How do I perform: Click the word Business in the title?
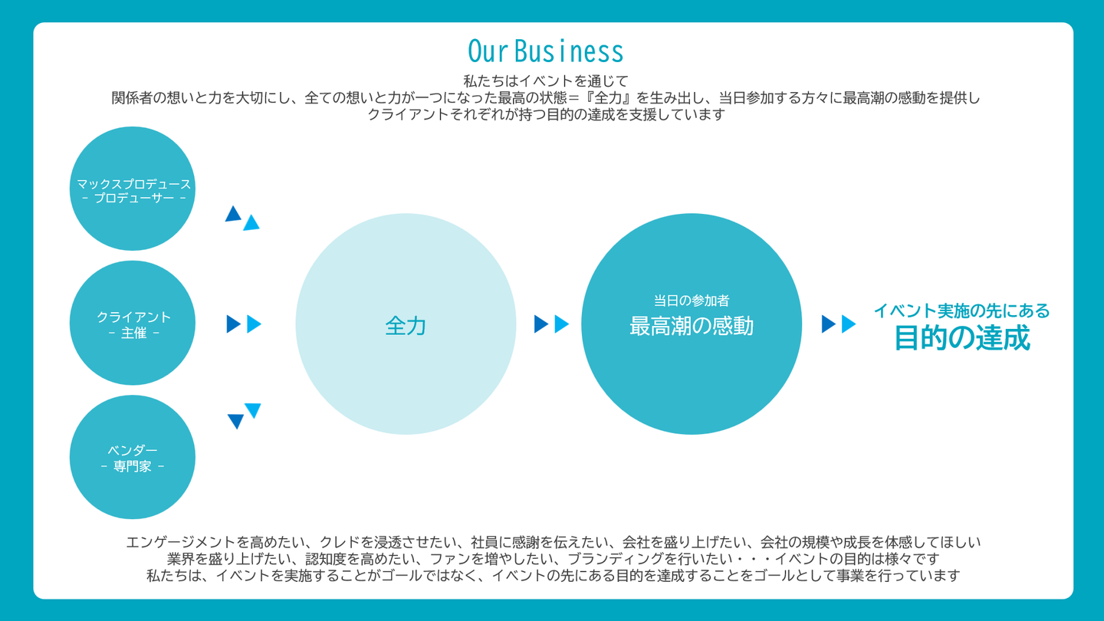pos(569,51)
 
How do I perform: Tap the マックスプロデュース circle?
pos(133,189)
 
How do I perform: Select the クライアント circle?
pos(133,323)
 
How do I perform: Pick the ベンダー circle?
pos(133,457)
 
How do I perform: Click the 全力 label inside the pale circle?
pos(406,326)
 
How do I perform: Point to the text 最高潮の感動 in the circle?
pos(692,326)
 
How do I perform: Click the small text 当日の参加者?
pos(692,301)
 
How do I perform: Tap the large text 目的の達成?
pos(962,337)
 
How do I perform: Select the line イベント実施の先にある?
pos(961,310)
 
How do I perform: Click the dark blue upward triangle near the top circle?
pos(233,214)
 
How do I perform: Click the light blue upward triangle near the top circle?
pos(251,223)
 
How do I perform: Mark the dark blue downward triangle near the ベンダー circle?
pos(235,422)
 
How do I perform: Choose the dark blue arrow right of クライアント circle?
pos(233,324)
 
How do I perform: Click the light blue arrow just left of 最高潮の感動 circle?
pos(562,324)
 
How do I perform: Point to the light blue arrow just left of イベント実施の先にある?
pos(849,324)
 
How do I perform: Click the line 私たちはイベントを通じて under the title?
pos(546,80)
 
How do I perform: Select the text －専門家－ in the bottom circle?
pos(133,466)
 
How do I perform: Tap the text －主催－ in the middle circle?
pos(133,333)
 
